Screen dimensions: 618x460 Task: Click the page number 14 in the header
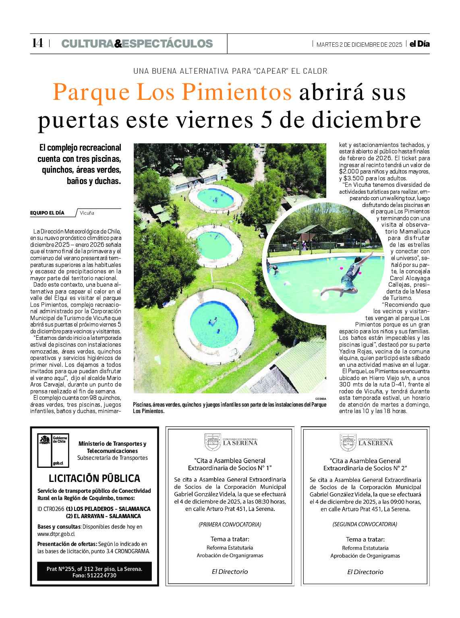(x=37, y=43)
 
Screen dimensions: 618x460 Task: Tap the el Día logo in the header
(x=419, y=44)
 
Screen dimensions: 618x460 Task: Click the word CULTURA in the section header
(x=87, y=43)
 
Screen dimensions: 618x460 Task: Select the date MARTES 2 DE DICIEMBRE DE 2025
(x=359, y=45)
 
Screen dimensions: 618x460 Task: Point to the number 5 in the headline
(x=266, y=120)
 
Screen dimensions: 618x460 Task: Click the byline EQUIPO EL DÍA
(x=47, y=213)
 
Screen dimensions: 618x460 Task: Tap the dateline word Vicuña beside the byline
(x=87, y=213)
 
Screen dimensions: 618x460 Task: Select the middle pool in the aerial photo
(x=214, y=245)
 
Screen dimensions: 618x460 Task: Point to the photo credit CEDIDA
(x=321, y=399)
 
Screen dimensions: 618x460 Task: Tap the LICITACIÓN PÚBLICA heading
(x=94, y=478)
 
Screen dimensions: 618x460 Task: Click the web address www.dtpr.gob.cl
(x=56, y=534)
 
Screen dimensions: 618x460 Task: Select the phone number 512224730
(x=102, y=575)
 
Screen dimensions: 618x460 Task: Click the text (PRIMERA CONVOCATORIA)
(x=230, y=525)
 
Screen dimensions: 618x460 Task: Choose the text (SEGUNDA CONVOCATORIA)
(x=365, y=525)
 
